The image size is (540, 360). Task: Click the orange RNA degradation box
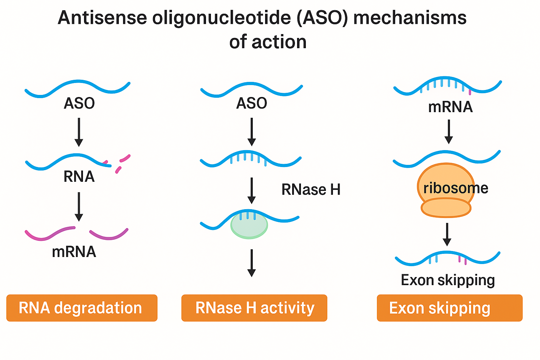click(x=82, y=308)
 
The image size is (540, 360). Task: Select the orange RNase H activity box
click(x=254, y=308)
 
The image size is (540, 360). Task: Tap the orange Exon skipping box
click(x=449, y=308)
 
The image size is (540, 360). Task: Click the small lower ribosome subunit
click(x=446, y=208)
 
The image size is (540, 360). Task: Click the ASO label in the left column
click(x=79, y=103)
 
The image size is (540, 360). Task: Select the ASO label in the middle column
click(x=251, y=103)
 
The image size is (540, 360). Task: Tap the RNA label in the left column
click(x=79, y=176)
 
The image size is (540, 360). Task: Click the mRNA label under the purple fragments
click(x=74, y=252)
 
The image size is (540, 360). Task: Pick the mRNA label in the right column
click(x=450, y=107)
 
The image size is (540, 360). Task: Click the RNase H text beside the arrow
click(x=311, y=190)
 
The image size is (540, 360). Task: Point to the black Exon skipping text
click(x=448, y=280)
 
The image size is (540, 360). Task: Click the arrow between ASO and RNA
click(x=79, y=132)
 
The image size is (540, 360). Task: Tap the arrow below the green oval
click(x=251, y=263)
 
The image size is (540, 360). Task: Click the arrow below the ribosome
click(x=447, y=234)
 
